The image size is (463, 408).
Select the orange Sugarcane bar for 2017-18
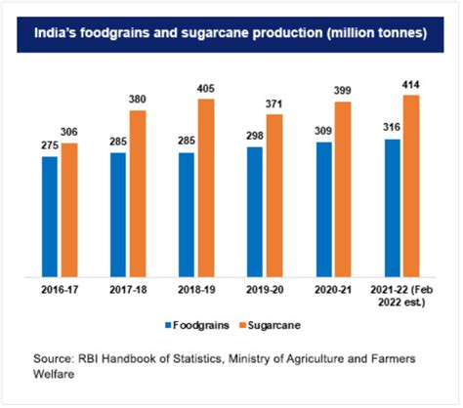click(x=137, y=192)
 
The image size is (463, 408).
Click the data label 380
click(x=137, y=101)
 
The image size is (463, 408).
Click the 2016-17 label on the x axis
click(x=60, y=288)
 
